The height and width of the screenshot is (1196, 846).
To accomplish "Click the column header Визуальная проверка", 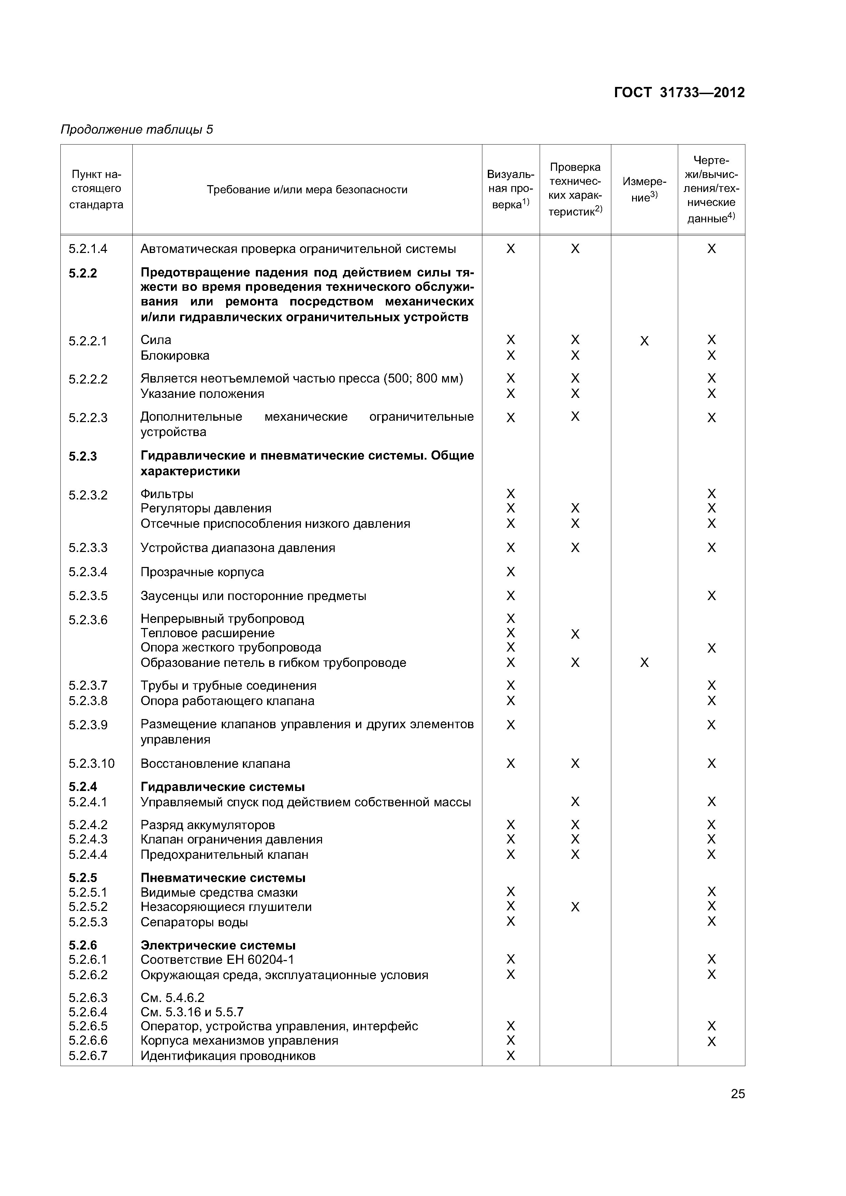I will tap(510, 189).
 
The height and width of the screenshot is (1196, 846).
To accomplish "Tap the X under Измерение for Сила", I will tap(644, 341).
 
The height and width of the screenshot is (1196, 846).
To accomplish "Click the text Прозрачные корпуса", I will tap(202, 572).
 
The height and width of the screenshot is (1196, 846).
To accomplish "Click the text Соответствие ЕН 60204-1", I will tap(217, 959).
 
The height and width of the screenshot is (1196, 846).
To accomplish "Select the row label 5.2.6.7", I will tap(88, 1056).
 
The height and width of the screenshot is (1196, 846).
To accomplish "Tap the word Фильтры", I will tap(167, 494).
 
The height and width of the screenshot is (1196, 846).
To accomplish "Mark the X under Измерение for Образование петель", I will tap(644, 662).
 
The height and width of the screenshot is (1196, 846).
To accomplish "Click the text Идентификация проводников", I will tap(228, 1056).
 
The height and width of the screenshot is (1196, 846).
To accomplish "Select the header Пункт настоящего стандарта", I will tap(97, 189).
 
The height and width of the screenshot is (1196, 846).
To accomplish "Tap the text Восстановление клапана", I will tap(215, 764).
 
